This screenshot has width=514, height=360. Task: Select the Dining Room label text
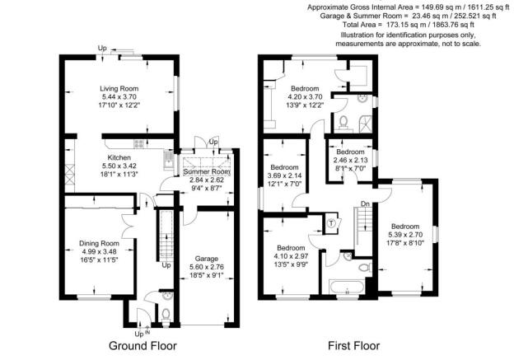(x=99, y=243)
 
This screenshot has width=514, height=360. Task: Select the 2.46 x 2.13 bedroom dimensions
(x=350, y=161)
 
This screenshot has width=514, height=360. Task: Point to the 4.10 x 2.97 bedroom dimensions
(x=292, y=256)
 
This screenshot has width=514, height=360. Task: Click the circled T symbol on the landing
(x=333, y=222)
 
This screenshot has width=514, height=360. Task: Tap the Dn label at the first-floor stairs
(x=365, y=204)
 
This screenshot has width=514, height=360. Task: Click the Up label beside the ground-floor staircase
(x=166, y=266)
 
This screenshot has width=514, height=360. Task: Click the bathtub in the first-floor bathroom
(x=343, y=288)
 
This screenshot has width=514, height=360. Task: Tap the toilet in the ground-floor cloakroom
(x=166, y=313)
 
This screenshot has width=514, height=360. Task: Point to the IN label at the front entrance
(x=149, y=333)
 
